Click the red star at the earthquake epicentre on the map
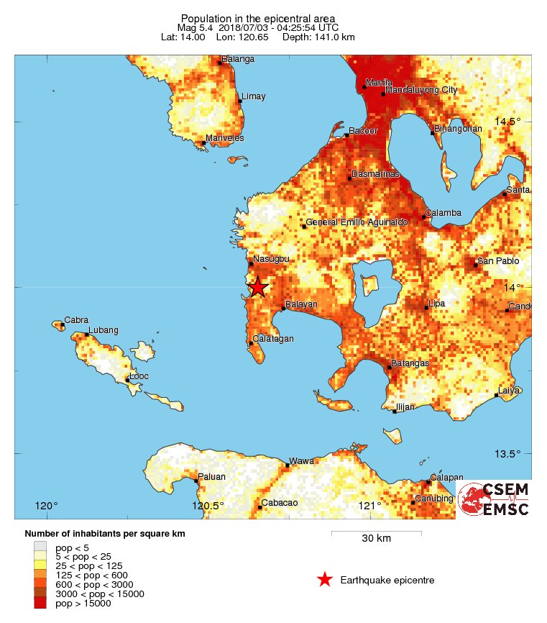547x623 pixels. tap(258, 288)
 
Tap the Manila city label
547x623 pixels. tap(379, 83)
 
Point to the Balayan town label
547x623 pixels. tap(301, 305)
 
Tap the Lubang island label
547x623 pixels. tap(103, 330)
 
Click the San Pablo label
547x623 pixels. tap(498, 261)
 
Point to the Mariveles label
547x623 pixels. tap(224, 138)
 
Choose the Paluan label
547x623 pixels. tap(212, 476)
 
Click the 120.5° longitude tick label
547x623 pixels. tap(208, 506)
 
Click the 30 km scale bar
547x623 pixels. tap(376, 533)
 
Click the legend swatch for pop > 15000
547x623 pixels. tap(40, 604)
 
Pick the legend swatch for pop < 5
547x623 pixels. tap(40, 546)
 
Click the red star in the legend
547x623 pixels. tap(325, 580)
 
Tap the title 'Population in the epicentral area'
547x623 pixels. tap(258, 18)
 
